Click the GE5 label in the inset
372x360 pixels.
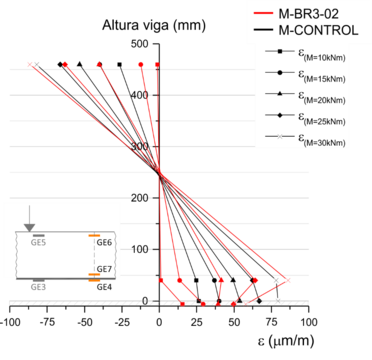[x=39, y=243]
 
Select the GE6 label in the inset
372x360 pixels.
[x=104, y=243]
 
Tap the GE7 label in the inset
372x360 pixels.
[x=104, y=270]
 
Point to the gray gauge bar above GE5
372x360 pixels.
[x=38, y=235]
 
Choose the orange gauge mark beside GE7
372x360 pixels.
[x=94, y=281]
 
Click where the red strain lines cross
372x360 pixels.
[x=161, y=172]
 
